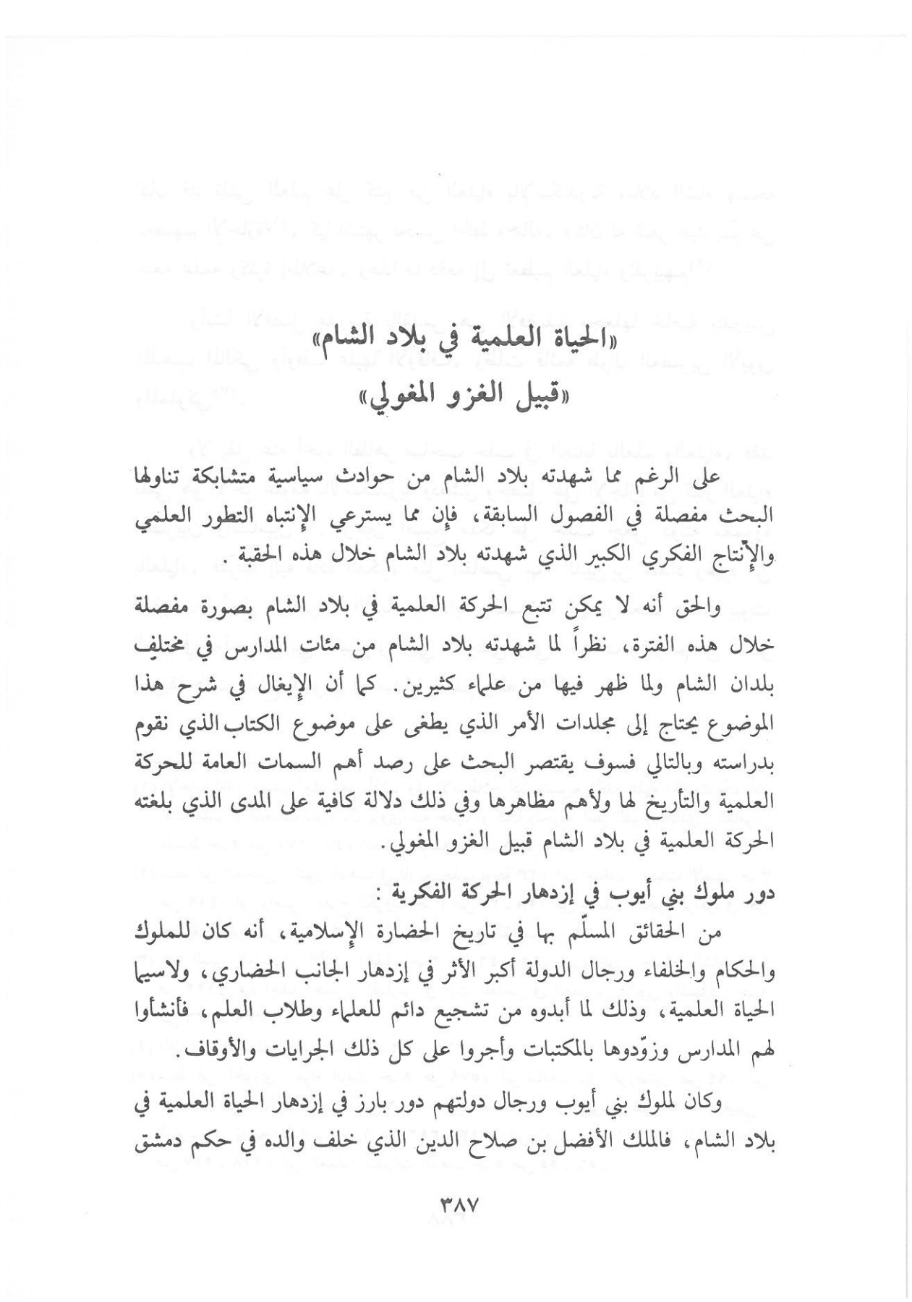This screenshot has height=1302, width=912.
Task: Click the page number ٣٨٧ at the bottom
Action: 460,1206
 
